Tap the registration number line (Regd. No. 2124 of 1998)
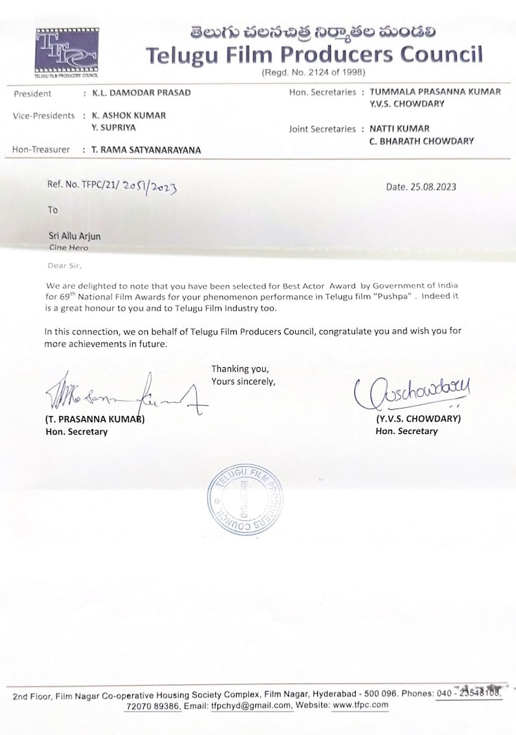[313, 72]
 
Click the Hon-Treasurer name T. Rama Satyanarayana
[141, 149]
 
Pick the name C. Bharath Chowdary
[422, 141]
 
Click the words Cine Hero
[68, 247]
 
